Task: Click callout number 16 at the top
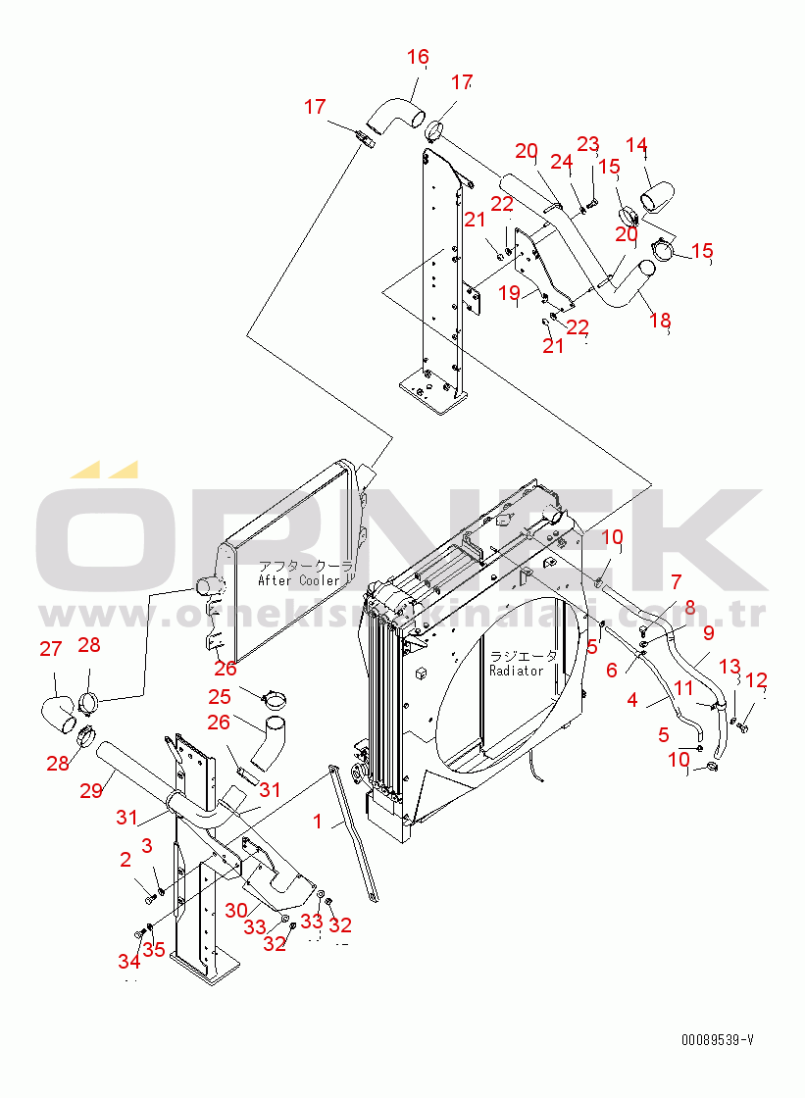coord(418,57)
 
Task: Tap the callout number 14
coord(636,146)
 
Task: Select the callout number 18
coord(661,320)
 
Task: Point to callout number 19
coord(508,292)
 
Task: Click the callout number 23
coord(587,145)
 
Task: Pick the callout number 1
coord(317,822)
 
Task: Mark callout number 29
coord(91,789)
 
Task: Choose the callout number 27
coord(50,648)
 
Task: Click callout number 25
coord(220,696)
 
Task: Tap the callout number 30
coord(235,910)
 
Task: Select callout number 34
coord(129,960)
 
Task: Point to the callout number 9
coord(708,633)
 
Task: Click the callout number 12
coord(756,680)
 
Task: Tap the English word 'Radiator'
coord(516,671)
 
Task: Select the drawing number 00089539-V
coord(719,1040)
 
